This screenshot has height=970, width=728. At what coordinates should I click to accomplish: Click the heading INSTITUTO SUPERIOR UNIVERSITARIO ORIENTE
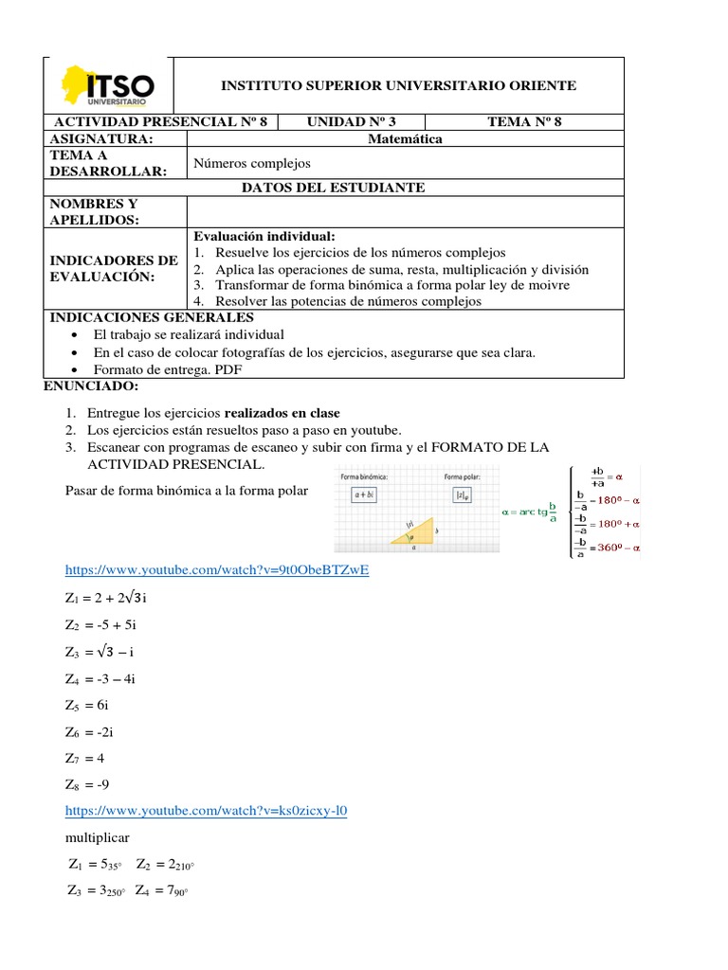click(398, 86)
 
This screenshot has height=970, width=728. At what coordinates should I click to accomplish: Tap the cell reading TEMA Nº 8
click(524, 121)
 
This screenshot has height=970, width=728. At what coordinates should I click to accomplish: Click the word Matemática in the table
click(405, 139)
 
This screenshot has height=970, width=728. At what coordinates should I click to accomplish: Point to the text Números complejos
click(252, 163)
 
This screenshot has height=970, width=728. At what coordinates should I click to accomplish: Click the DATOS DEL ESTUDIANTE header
click(334, 188)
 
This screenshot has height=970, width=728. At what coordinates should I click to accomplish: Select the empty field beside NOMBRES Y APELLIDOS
click(406, 211)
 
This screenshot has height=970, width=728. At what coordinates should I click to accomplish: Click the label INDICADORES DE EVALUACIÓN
click(114, 268)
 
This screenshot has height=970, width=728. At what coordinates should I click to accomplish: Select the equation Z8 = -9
click(95, 784)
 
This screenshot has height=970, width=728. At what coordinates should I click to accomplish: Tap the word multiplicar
click(98, 838)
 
